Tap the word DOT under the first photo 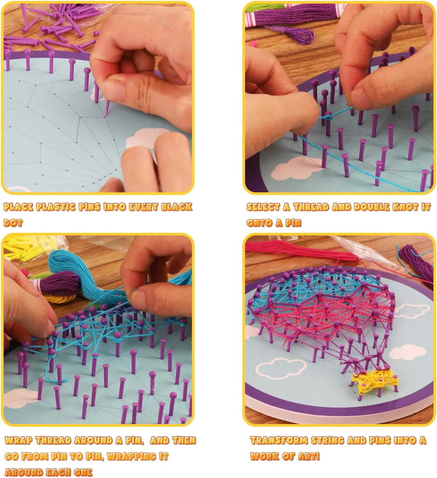click(x=13, y=223)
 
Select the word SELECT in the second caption click(x=263, y=207)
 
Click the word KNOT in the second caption click(x=403, y=207)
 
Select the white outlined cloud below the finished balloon click(x=282, y=368)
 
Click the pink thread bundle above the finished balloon click(x=301, y=250)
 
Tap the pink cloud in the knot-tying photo click(x=295, y=168)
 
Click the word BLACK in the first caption click(x=177, y=207)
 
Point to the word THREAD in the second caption click(x=311, y=207)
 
